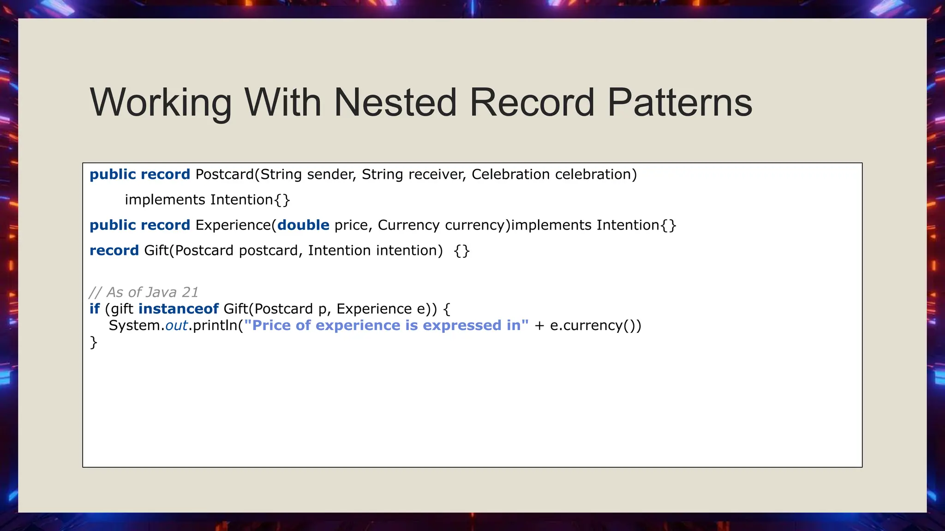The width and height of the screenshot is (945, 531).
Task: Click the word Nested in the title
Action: [395, 102]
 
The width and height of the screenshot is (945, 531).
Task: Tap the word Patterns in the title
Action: [680, 102]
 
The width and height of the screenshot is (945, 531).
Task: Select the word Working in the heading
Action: [161, 102]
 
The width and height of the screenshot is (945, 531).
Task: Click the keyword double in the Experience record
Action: [303, 225]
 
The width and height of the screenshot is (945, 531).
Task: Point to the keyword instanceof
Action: [178, 308]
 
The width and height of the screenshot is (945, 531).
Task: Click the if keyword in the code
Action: [95, 308]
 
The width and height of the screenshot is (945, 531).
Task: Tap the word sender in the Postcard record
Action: [331, 174]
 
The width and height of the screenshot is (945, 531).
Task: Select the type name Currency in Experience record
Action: [408, 225]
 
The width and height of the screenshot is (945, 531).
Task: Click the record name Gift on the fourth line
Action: [156, 250]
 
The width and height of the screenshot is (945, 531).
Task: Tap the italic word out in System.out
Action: [176, 325]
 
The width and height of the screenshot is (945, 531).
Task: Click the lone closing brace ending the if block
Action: [93, 342]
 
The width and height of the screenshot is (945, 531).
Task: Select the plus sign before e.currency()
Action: [539, 325]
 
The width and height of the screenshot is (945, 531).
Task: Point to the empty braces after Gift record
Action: [461, 251]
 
